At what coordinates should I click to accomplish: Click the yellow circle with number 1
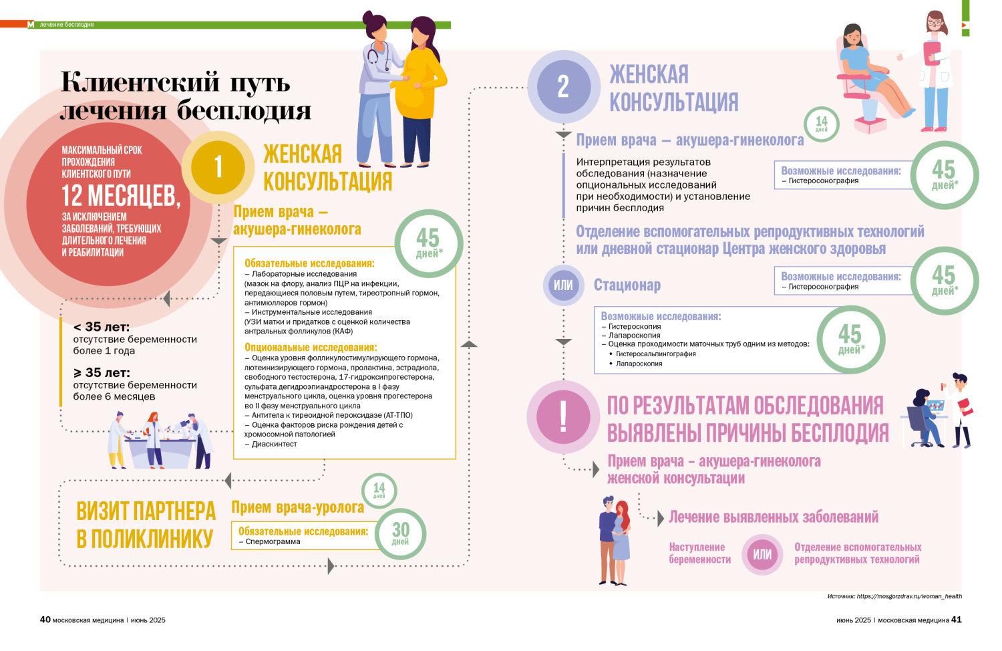pos(218,166)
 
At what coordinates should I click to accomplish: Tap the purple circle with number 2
pos(563,87)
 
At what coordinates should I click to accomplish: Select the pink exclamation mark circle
pos(563,416)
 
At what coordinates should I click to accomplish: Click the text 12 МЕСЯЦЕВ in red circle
pos(121,196)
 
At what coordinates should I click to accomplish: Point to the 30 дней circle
pos(400,533)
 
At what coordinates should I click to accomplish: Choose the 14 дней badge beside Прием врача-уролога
pos(379,490)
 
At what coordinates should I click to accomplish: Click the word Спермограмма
pos(273,541)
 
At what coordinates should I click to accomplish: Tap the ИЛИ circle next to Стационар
pos(563,285)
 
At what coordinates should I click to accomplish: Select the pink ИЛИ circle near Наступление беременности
pos(762,554)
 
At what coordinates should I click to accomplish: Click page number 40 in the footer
pos(45,620)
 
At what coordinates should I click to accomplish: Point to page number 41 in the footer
pos(957,620)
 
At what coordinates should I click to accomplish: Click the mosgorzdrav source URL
pos(908,596)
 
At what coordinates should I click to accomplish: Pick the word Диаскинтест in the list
pos(274,444)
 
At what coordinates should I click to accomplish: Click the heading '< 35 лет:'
pos(102,327)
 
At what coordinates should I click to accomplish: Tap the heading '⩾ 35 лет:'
pos(102,372)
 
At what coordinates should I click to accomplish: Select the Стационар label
pos(627,285)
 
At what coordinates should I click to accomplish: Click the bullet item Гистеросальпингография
pos(655,354)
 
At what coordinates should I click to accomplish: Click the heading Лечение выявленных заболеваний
pos(774,517)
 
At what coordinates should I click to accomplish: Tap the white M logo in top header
pos(31,25)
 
